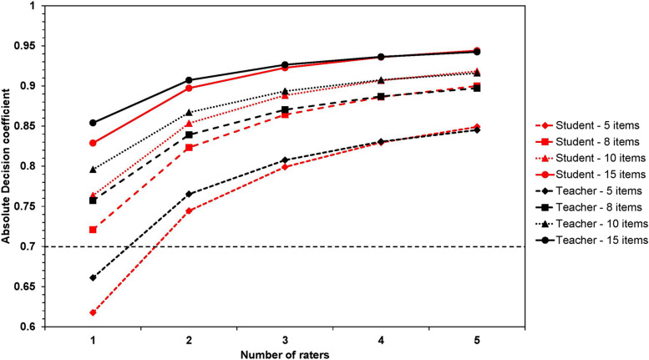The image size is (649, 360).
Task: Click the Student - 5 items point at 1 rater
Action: (93, 312)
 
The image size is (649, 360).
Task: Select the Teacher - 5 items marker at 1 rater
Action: (93, 277)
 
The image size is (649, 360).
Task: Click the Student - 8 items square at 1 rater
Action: (93, 230)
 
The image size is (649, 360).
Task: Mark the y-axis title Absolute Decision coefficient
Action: (7, 165)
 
